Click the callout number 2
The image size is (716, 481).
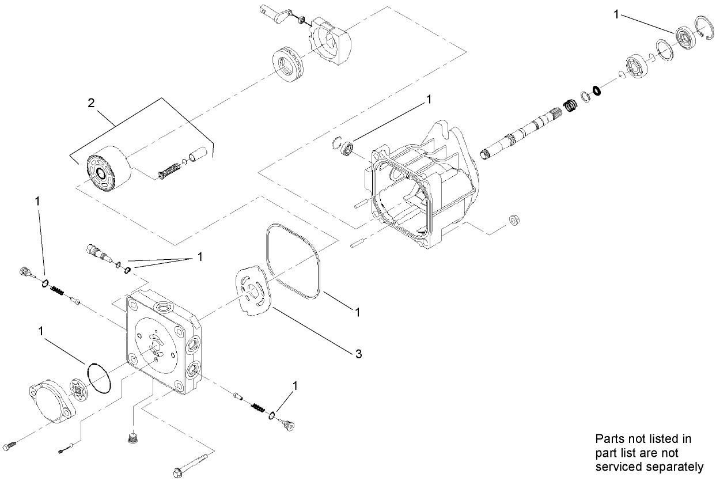pos(90,103)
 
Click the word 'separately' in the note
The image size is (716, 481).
pos(657,467)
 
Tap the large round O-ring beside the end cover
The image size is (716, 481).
pos(100,378)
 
